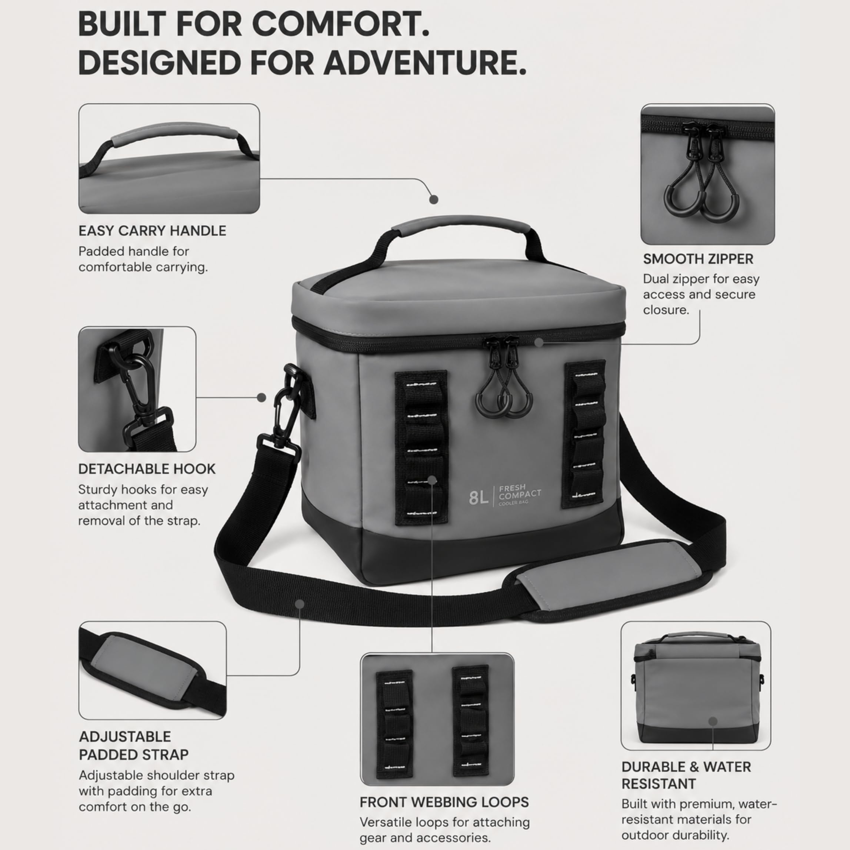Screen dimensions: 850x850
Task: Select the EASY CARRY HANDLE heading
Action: pos(152,230)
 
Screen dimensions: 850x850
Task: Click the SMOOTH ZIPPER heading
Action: pos(698,259)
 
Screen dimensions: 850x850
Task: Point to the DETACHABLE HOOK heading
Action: pos(147,469)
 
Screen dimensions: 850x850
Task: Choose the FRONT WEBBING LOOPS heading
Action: pos(444,802)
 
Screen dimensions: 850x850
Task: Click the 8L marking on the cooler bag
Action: pos(479,498)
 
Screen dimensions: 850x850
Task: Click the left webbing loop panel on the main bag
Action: pos(421,448)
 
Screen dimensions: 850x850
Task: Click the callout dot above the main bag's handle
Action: pos(434,199)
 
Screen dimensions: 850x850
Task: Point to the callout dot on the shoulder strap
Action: pos(300,604)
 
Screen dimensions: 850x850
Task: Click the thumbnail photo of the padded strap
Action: pos(153,670)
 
